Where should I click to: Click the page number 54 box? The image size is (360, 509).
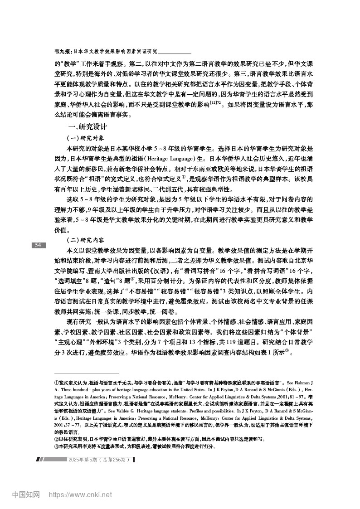[38, 245]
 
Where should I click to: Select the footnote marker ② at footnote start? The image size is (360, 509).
[56, 439]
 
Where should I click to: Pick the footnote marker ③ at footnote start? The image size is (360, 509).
[56, 446]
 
